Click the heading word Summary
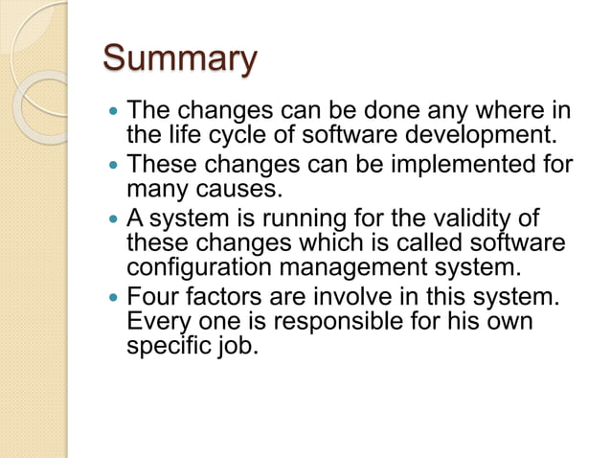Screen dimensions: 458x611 click(180, 59)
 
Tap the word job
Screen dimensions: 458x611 click(238, 345)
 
